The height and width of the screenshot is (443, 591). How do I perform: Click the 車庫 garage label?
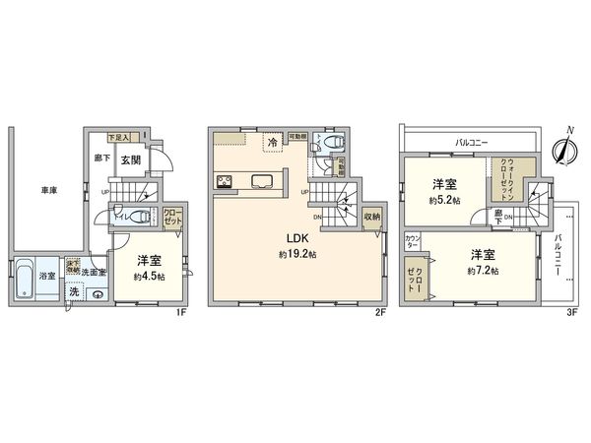[x=46, y=190]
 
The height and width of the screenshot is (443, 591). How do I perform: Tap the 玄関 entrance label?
[x=132, y=160]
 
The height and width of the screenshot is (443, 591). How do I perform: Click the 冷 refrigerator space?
[x=272, y=145]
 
